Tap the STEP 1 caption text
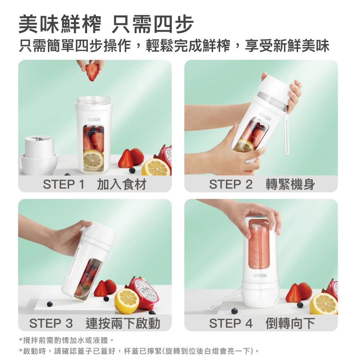tap(95, 184)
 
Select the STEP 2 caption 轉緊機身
tap(290, 184)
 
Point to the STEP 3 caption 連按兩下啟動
tap(123, 323)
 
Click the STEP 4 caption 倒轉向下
tap(290, 323)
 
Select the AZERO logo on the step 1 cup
tap(94, 120)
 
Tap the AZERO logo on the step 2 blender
tap(265, 117)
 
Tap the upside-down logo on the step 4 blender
tap(260, 275)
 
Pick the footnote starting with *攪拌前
tap(66, 340)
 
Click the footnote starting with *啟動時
tap(139, 351)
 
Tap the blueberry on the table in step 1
tap(132, 170)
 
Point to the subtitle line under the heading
tap(174, 46)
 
